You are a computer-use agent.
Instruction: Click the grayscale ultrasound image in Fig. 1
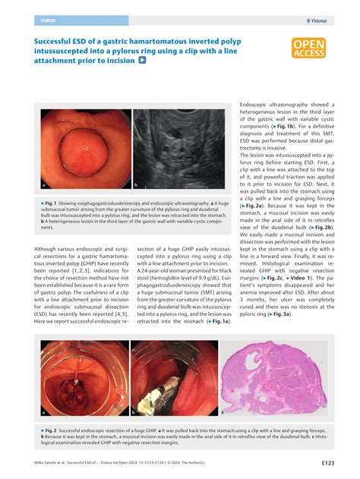pyautogui.click(x=182, y=150)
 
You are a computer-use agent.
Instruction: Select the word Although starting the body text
pyautogui.click(x=46, y=249)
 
